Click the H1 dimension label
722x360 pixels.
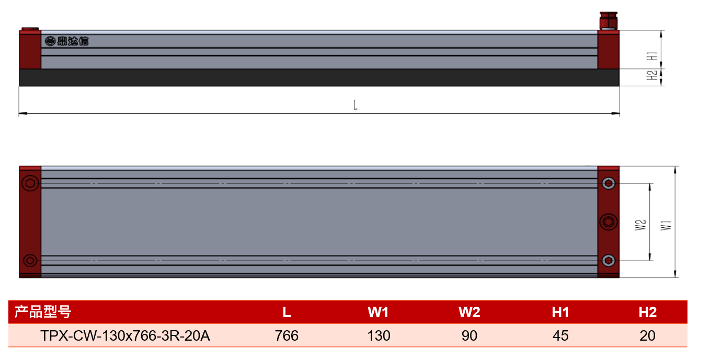point(652,56)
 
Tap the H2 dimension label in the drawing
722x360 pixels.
point(652,75)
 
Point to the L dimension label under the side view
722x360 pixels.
point(355,105)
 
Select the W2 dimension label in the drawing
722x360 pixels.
point(640,225)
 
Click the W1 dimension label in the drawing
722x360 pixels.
point(666,225)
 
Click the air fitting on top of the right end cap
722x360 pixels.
point(608,21)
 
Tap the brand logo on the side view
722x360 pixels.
point(67,41)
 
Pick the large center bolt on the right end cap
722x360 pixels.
point(609,222)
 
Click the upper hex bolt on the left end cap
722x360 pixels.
point(30,183)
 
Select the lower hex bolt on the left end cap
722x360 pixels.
point(30,260)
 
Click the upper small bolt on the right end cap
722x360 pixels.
point(609,183)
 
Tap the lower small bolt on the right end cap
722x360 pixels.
point(609,260)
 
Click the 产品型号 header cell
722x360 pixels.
point(42,312)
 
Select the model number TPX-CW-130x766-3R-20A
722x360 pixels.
point(125,335)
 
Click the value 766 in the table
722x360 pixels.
point(286,335)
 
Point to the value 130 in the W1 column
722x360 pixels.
point(379,335)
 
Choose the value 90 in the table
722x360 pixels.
point(469,335)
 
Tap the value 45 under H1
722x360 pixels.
point(560,335)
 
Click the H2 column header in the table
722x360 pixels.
point(648,312)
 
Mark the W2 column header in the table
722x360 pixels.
point(469,312)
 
